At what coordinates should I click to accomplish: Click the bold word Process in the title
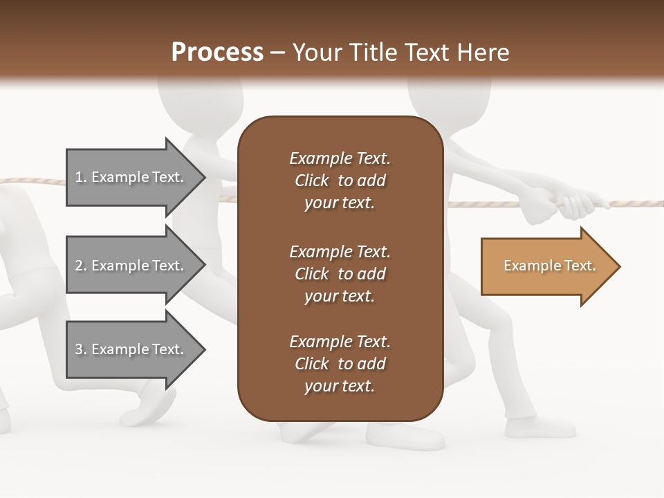216,52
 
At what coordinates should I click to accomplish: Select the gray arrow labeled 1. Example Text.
131,177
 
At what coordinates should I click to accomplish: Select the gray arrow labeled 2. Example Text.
131,266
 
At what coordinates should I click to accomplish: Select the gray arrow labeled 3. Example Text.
131,349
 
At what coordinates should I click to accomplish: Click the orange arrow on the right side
546,266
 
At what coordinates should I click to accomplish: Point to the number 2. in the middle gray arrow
81,266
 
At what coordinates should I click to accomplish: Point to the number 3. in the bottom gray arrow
81,349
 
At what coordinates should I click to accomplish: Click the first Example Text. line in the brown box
340,158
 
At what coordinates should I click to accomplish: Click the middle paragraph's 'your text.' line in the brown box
340,296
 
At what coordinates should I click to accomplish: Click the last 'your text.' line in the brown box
340,386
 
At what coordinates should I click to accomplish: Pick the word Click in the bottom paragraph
312,364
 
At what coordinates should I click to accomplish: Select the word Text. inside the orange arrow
579,266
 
